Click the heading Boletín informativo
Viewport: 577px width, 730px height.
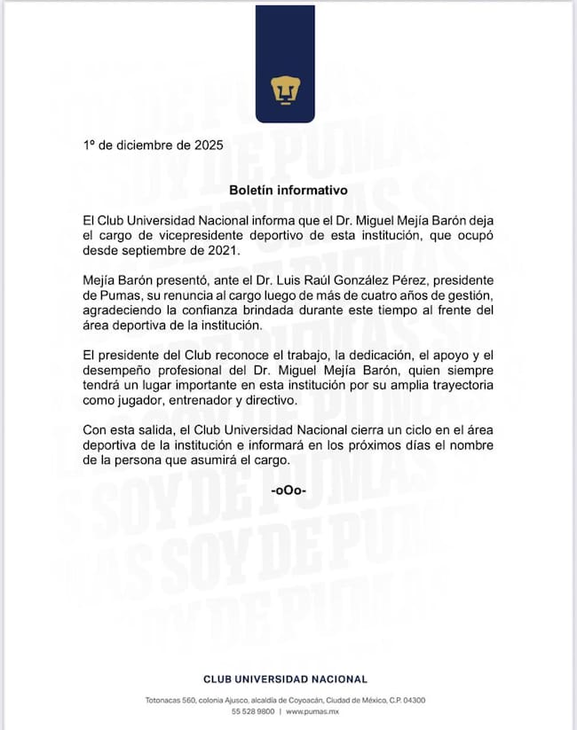[288, 190]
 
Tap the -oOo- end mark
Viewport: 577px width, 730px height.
[288, 490]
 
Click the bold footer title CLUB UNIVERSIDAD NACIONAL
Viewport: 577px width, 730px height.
[285, 679]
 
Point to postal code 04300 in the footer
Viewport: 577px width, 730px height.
[411, 701]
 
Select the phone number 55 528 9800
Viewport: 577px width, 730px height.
[253, 712]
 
